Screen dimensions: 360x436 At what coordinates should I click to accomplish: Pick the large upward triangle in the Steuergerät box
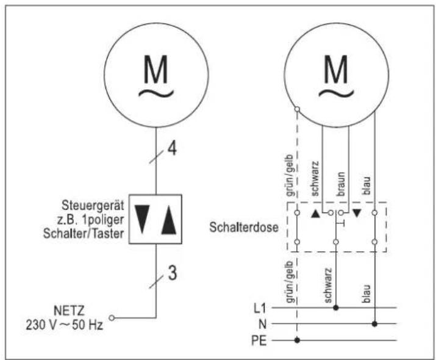[168, 220]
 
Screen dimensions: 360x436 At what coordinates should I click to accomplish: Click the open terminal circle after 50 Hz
[112, 317]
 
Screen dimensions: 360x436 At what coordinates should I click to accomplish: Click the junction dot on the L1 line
[335, 308]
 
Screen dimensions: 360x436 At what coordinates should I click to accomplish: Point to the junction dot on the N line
[374, 324]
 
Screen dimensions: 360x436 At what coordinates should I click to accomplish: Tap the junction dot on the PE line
[297, 340]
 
